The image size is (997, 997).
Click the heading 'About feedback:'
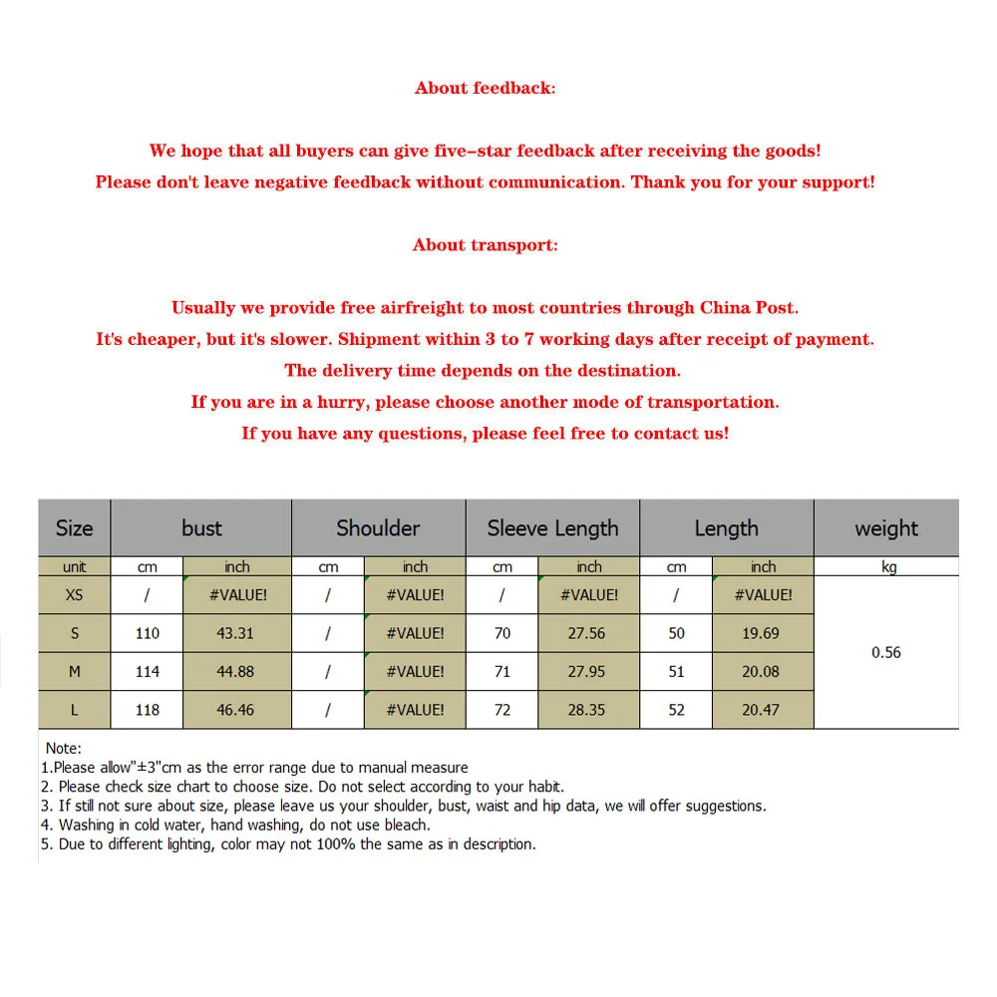click(485, 88)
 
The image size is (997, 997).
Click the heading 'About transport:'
click(485, 245)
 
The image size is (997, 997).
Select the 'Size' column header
click(74, 528)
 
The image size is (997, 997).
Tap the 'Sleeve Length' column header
click(552, 528)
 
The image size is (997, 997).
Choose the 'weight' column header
click(885, 528)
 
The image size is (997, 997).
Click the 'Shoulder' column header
click(378, 528)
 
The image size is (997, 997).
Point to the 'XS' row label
click(74, 595)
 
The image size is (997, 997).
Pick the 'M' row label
click(74, 672)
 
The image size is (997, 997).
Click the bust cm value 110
click(148, 633)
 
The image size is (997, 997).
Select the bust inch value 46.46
click(236, 710)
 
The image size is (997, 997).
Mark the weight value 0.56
click(885, 653)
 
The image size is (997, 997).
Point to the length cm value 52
click(676, 710)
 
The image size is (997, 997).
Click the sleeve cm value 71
click(501, 672)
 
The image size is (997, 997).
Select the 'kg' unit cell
click(888, 567)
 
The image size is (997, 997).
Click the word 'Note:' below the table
click(64, 748)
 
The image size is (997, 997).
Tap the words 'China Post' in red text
click(748, 308)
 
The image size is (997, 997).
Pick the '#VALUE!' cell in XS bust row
click(236, 595)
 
